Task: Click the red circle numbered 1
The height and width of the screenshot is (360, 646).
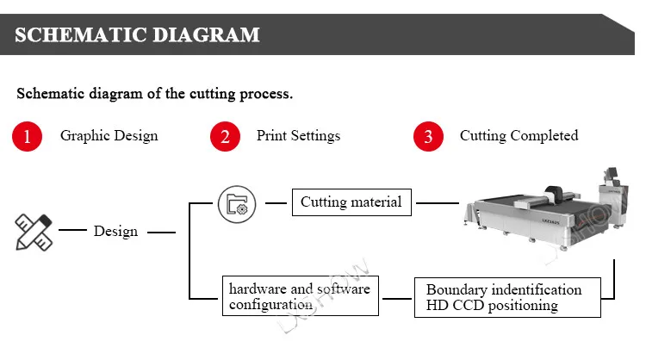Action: pos(27,136)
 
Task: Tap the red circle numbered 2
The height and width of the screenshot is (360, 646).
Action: pos(225,136)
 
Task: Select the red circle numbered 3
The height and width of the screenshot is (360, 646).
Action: pos(428,136)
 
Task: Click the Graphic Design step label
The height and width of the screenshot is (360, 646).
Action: pos(109,135)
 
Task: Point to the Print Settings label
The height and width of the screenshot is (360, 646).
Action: pos(298,135)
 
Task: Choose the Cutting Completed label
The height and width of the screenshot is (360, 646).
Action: pos(519,135)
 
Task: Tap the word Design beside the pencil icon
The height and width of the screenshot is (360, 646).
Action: pos(115,231)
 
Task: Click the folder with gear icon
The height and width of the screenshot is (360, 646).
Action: pos(236,204)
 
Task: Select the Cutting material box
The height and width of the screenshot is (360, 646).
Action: pos(351,203)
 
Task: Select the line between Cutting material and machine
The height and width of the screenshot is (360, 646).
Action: pos(437,204)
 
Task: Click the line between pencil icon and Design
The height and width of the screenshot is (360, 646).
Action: pos(72,231)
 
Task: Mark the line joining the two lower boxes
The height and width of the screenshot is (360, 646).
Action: pos(397,299)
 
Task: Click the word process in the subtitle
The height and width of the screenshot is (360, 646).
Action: pos(267,93)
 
